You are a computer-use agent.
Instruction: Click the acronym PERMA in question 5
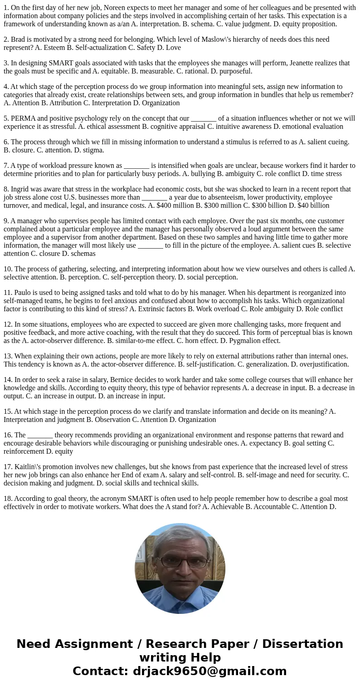point(24,118)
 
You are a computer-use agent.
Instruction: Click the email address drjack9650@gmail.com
point(209,671)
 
